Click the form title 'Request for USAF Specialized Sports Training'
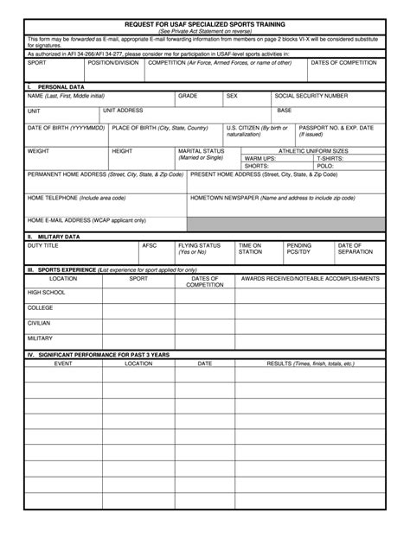tap(204, 25)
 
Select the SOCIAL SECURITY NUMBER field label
tap(311, 96)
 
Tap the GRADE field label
tap(188, 96)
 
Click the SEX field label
tap(232, 96)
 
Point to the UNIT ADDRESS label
tap(123, 111)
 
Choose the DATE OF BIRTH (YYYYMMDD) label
tap(66, 127)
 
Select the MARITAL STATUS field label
tap(201, 154)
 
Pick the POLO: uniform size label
tap(324, 166)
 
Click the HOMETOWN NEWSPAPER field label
tap(272, 198)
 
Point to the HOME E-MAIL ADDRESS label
tap(86, 220)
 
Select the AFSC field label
tap(149, 245)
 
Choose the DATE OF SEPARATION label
tap(356, 249)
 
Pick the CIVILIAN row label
tap(39, 322)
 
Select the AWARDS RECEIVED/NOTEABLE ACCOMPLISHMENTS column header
tap(310, 279)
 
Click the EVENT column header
tap(63, 364)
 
